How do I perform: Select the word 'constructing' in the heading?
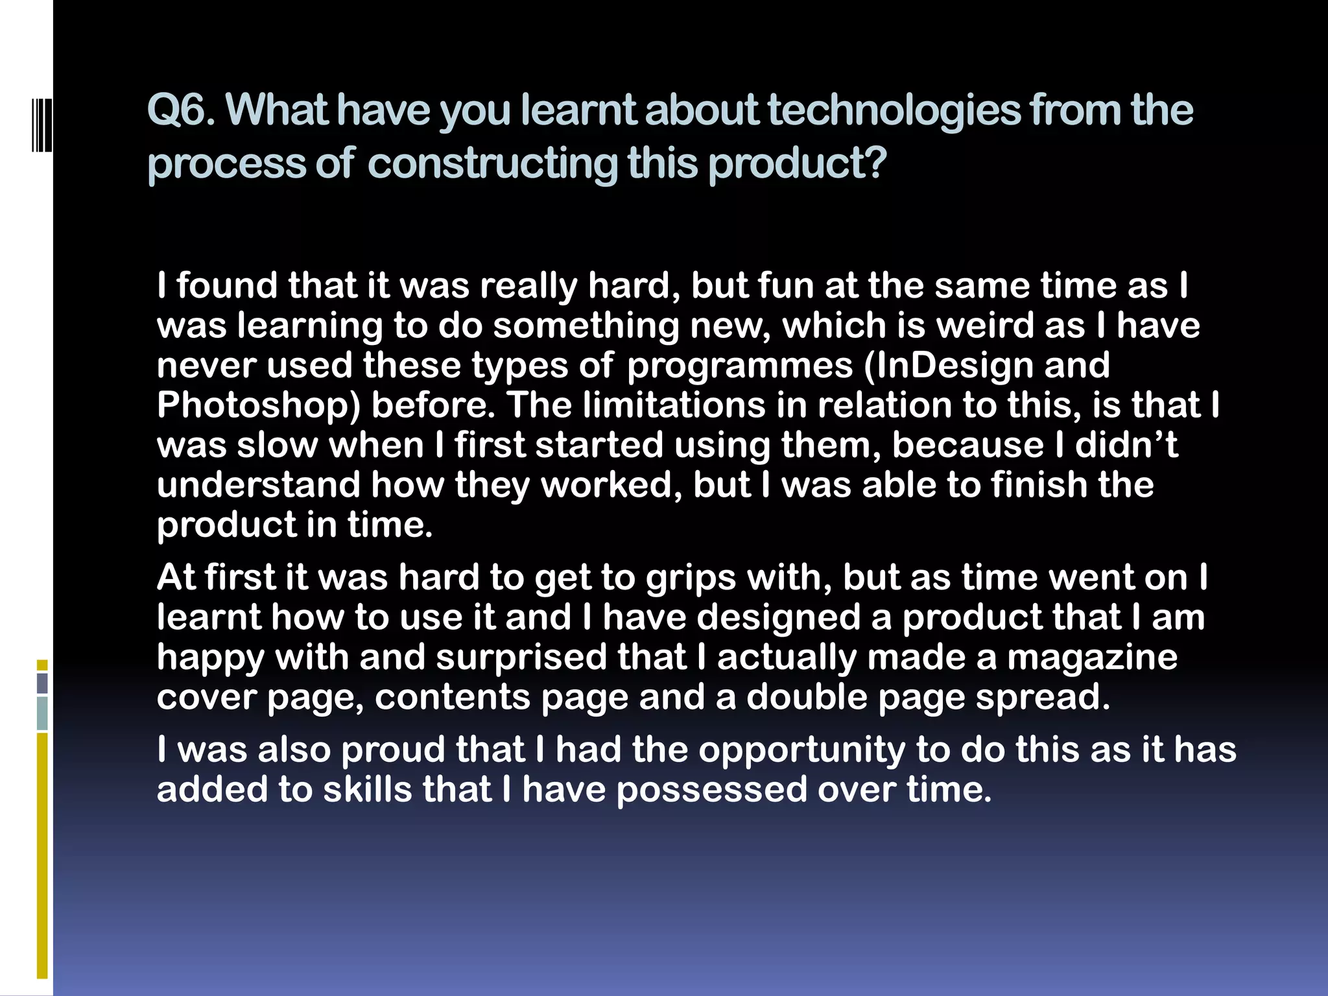click(x=493, y=163)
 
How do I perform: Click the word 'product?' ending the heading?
click(x=797, y=163)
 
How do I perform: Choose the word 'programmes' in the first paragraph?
click(x=740, y=366)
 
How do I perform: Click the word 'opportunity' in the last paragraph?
click(x=801, y=750)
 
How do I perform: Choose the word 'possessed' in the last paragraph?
click(x=711, y=790)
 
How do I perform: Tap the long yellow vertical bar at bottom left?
click(x=42, y=855)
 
